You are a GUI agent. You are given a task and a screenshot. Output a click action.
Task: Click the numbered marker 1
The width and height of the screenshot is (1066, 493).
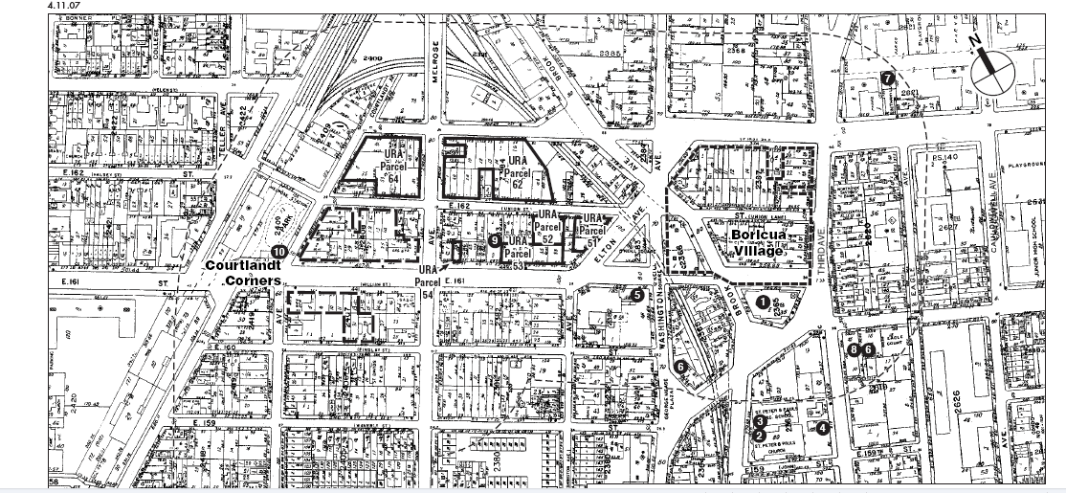point(763,301)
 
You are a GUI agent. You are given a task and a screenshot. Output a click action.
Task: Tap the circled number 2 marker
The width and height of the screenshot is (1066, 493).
point(758,435)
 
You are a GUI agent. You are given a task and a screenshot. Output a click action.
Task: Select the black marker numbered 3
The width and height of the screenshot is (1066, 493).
point(758,420)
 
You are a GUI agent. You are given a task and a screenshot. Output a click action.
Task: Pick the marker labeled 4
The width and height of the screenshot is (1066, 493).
point(822,428)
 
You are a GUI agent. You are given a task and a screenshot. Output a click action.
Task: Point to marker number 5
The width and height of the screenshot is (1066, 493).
point(637,295)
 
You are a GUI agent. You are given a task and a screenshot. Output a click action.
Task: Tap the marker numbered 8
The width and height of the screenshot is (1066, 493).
point(854,350)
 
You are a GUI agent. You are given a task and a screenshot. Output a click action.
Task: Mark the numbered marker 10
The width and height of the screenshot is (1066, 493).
point(278,252)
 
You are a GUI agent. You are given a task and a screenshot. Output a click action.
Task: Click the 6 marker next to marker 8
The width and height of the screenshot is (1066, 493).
point(868,350)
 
